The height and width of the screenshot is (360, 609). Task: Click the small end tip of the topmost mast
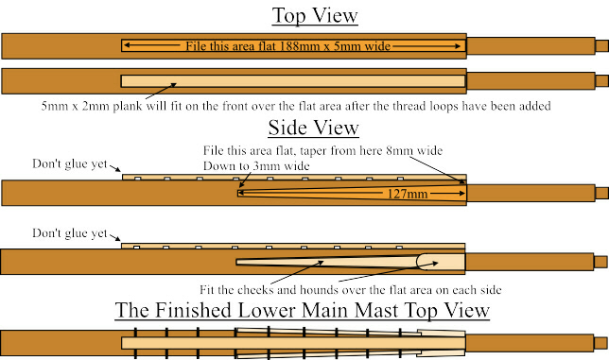[x=600, y=44]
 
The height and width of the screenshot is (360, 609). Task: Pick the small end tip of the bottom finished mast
[x=600, y=342]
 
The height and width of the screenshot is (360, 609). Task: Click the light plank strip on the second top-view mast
[x=293, y=81]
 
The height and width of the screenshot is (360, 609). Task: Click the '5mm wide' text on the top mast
[x=368, y=44]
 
